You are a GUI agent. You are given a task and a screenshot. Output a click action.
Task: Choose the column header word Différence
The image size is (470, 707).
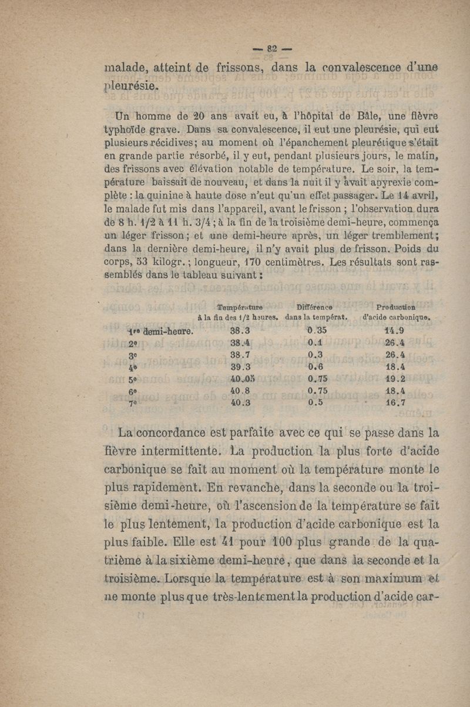click(x=315, y=307)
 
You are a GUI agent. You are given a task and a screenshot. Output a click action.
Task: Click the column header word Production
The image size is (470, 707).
click(x=396, y=307)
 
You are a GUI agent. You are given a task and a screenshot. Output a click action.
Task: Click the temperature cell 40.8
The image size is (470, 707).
click(x=241, y=391)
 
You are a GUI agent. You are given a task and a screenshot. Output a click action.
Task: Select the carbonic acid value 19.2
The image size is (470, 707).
click(x=394, y=378)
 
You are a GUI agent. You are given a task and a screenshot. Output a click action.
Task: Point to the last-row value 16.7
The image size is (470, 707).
click(x=394, y=404)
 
